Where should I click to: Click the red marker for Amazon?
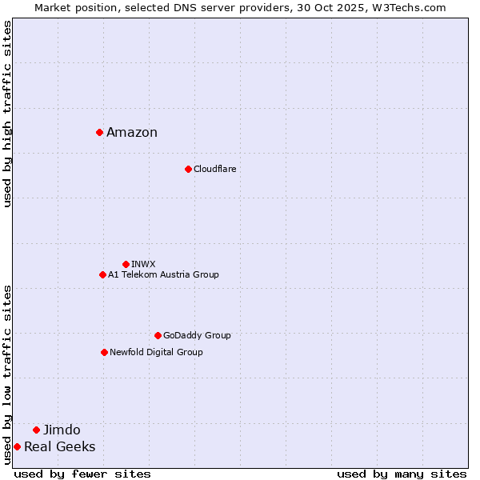pos(99,132)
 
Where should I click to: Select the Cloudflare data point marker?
pos(188,169)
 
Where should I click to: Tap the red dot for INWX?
pos(126,264)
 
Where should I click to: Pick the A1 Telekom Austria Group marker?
pos(102,274)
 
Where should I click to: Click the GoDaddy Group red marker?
pos(158,335)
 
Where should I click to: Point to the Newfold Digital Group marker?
pos(104,352)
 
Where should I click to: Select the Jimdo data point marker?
pos(36,430)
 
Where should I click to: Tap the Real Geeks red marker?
pos(17,446)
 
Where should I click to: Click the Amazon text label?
pos(132,133)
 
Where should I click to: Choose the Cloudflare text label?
pos(214,170)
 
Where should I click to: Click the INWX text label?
pos(143,264)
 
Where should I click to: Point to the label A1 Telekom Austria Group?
pos(163,275)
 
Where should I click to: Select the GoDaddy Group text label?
pos(197,336)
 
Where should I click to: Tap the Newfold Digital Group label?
pos(156,353)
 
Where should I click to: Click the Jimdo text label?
pos(62,430)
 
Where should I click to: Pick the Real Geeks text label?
pos(59,447)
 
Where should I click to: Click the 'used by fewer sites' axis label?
pos(82,474)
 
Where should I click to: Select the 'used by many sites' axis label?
pos(402,474)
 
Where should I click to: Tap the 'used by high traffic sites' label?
pos(7,114)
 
